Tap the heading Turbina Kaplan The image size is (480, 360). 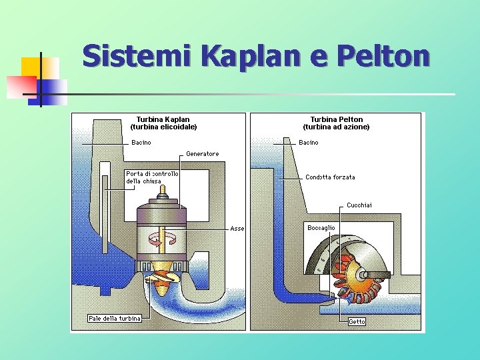tap(163, 120)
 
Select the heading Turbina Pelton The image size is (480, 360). tap(337, 120)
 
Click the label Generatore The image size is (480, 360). tap(202, 154)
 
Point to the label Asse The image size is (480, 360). tap(237, 229)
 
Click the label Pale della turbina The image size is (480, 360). tap(115, 318)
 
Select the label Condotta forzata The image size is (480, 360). tap(330, 177)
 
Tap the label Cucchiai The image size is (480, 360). tap(359, 205)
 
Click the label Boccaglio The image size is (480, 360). tap(321, 228)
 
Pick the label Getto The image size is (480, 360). tap(357, 322)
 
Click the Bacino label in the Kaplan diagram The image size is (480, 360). tap(141, 143)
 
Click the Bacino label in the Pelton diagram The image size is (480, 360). tap(309, 143)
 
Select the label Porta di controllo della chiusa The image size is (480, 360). tap(152, 177)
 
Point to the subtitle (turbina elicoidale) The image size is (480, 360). tap(163, 127)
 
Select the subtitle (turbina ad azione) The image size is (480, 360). tap(337, 127)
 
